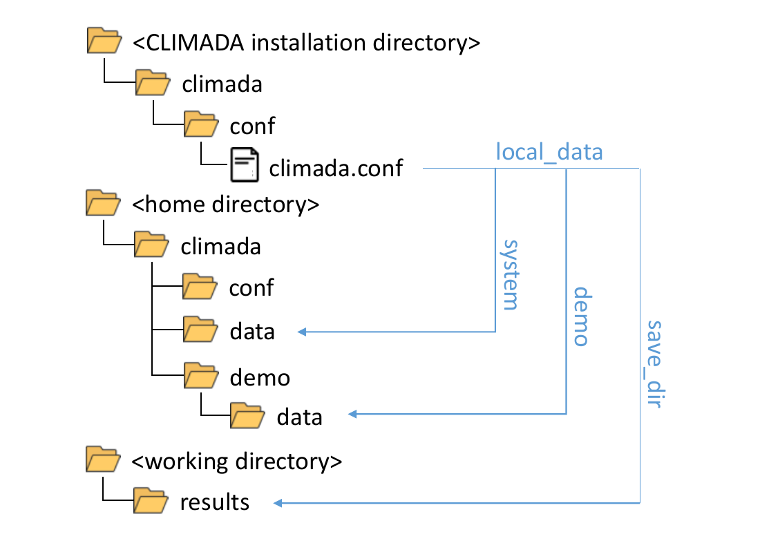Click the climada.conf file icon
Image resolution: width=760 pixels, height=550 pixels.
click(x=245, y=166)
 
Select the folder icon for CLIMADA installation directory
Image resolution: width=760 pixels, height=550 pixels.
click(x=104, y=41)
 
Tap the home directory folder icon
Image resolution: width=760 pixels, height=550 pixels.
click(x=103, y=204)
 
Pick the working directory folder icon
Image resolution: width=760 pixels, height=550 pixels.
click(x=103, y=459)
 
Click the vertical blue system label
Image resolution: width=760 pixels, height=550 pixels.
click(x=510, y=274)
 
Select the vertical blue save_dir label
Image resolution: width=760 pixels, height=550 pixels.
click(x=654, y=363)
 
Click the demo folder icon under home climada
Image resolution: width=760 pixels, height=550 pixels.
click(x=200, y=377)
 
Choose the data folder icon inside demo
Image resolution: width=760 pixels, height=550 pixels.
click(x=247, y=416)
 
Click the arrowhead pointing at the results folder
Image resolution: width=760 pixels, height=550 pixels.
click(x=279, y=502)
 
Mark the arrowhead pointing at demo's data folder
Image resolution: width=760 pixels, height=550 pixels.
click(x=352, y=415)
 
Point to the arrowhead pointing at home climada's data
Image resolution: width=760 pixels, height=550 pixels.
click(x=303, y=332)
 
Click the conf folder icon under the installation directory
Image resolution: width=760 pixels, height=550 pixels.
click(x=200, y=125)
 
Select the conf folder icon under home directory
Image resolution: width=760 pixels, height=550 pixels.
click(x=200, y=287)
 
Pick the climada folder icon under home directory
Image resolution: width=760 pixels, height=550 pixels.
click(x=150, y=245)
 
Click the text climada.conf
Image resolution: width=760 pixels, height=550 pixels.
click(x=336, y=167)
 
